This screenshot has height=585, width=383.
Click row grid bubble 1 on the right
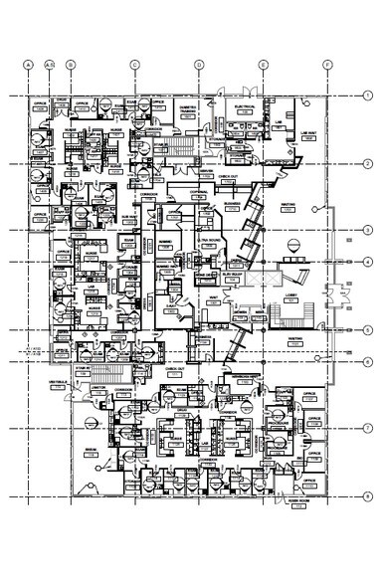point(367,96)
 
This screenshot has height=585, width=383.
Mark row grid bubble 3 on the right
point(367,230)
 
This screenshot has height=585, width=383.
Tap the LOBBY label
point(295,296)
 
